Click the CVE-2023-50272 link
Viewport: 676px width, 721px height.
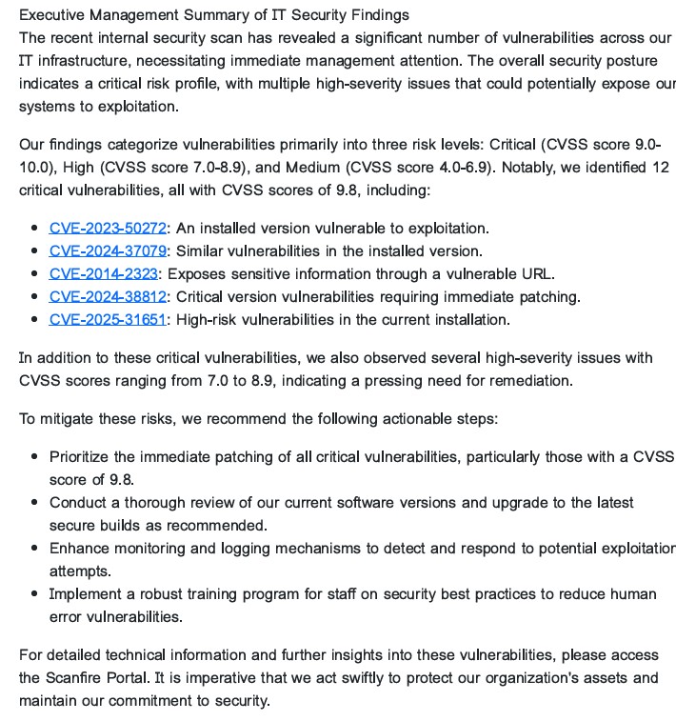tap(108, 229)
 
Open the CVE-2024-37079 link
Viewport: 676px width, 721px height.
tap(108, 251)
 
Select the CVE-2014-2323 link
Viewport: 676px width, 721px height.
tap(103, 274)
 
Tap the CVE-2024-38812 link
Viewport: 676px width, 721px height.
tap(108, 297)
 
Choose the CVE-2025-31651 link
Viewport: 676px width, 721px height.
tap(108, 320)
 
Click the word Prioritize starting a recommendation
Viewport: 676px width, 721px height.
tap(82, 457)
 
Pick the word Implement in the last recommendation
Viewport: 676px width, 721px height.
tap(87, 594)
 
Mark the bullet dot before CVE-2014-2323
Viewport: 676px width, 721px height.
tap(35, 274)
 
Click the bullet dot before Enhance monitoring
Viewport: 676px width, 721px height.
tap(35, 549)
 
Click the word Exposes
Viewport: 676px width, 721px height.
tap(197, 274)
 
